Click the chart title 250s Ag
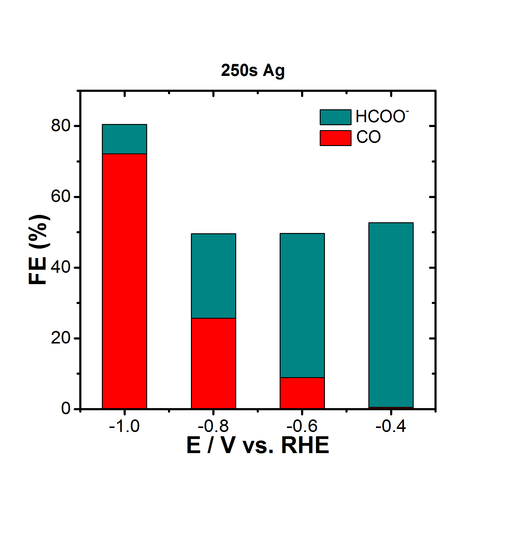click(x=253, y=71)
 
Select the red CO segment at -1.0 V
click(x=125, y=281)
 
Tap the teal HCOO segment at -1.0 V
click(x=125, y=139)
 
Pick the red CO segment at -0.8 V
click(x=213, y=363)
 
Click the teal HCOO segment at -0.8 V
click(x=213, y=276)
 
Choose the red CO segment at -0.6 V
click(x=302, y=393)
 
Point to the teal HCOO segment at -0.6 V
click(x=302, y=305)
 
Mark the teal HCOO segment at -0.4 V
click(x=391, y=315)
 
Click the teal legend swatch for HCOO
click(x=335, y=117)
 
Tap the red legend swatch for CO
click(x=335, y=138)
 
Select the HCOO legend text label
click(x=382, y=117)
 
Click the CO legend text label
click(x=368, y=137)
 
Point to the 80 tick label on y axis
click(x=61, y=126)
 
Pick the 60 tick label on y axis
click(x=61, y=196)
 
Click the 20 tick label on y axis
click(x=61, y=338)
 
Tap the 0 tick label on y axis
click(x=66, y=409)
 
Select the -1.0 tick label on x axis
click(x=124, y=426)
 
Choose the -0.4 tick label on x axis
click(x=391, y=426)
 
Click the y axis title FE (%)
click(x=39, y=250)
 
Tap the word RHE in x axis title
click(x=305, y=446)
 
